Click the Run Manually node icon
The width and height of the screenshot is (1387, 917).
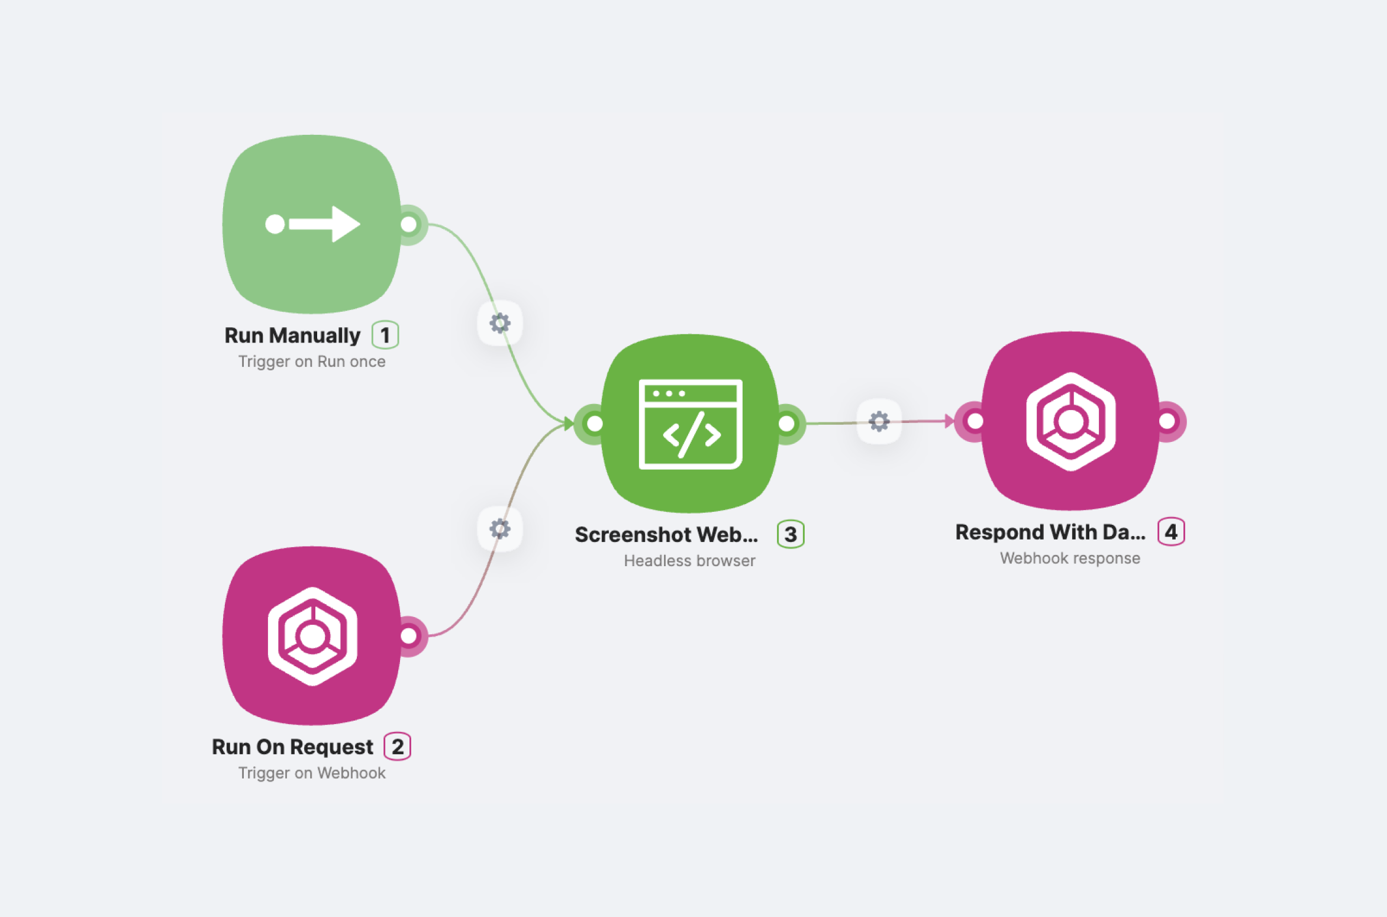pyautogui.click(x=312, y=224)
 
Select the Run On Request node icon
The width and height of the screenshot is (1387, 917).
pyautogui.click(x=312, y=636)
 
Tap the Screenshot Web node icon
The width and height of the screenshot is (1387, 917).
pyautogui.click(x=690, y=424)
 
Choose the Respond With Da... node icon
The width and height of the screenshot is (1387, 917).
pyautogui.click(x=1070, y=421)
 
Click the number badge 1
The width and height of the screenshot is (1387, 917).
pyautogui.click(x=385, y=335)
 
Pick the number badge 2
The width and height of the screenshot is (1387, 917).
pyautogui.click(x=398, y=747)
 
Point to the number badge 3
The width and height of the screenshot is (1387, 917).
pyautogui.click(x=791, y=534)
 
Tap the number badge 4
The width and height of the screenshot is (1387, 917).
pyautogui.click(x=1171, y=532)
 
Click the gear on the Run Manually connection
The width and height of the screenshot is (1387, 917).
pyautogui.click(x=500, y=323)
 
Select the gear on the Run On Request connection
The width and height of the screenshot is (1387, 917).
pyautogui.click(x=500, y=529)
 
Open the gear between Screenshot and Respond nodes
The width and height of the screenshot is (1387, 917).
pyautogui.click(x=879, y=421)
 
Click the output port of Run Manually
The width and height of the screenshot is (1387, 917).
pyautogui.click(x=409, y=224)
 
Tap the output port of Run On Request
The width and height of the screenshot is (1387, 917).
pyautogui.click(x=409, y=636)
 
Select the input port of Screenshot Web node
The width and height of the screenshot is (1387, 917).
pyautogui.click(x=594, y=424)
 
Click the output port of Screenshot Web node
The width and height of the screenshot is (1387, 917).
pyautogui.click(x=787, y=424)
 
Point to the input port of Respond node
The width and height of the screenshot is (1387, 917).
pyautogui.click(x=975, y=421)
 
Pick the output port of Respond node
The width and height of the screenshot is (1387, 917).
pyautogui.click(x=1167, y=421)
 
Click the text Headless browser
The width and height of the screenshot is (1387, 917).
pyautogui.click(x=689, y=561)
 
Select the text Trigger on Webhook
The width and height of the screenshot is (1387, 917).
pyautogui.click(x=312, y=773)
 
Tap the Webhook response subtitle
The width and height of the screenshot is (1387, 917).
pyautogui.click(x=1070, y=558)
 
